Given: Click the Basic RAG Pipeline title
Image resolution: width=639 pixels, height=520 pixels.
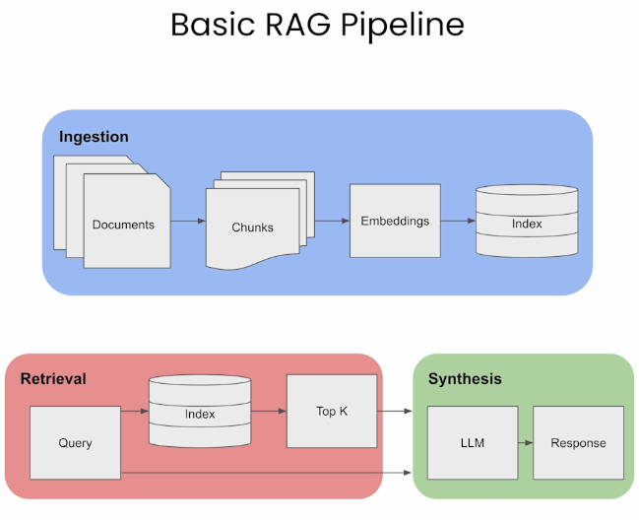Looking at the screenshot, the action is pyautogui.click(x=317, y=26).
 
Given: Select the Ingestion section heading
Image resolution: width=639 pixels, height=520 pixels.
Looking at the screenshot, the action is pyautogui.click(x=94, y=137).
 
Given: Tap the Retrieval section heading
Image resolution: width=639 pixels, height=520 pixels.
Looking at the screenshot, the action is pyautogui.click(x=53, y=379).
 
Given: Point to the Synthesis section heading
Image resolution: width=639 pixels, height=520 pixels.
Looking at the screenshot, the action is pyautogui.click(x=465, y=379).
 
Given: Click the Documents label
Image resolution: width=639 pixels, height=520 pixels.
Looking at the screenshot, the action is pyautogui.click(x=123, y=225).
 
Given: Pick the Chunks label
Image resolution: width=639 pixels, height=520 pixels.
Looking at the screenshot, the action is pyautogui.click(x=253, y=227).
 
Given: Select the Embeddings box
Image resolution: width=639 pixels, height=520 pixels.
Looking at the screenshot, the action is pyautogui.click(x=395, y=221).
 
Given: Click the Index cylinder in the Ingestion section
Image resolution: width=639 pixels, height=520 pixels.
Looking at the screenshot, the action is pyautogui.click(x=527, y=221).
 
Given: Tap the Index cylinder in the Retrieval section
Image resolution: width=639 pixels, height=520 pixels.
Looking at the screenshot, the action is pyautogui.click(x=200, y=412).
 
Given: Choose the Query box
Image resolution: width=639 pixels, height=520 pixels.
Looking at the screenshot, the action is pyautogui.click(x=75, y=442).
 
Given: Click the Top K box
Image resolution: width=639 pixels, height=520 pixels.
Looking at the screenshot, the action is pyautogui.click(x=332, y=412).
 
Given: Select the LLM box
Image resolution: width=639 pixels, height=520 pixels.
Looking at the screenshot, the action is pyautogui.click(x=473, y=442).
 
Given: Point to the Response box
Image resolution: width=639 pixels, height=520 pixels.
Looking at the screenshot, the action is pyautogui.click(x=578, y=442).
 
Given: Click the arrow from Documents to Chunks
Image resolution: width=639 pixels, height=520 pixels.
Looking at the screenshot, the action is pyautogui.click(x=188, y=221).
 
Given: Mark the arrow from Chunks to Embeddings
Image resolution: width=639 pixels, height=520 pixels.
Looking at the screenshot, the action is pyautogui.click(x=332, y=221).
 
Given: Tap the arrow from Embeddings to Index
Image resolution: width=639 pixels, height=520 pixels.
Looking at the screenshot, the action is pyautogui.click(x=458, y=221).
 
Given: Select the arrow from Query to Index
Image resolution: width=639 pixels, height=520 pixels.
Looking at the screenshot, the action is pyautogui.click(x=135, y=412).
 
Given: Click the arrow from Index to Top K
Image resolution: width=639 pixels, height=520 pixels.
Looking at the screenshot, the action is pyautogui.click(x=269, y=412).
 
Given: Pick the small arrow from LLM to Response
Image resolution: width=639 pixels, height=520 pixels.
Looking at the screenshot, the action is pyautogui.click(x=526, y=442).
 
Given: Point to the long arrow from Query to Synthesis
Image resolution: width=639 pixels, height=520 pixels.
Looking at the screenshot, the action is pyautogui.click(x=266, y=473).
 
